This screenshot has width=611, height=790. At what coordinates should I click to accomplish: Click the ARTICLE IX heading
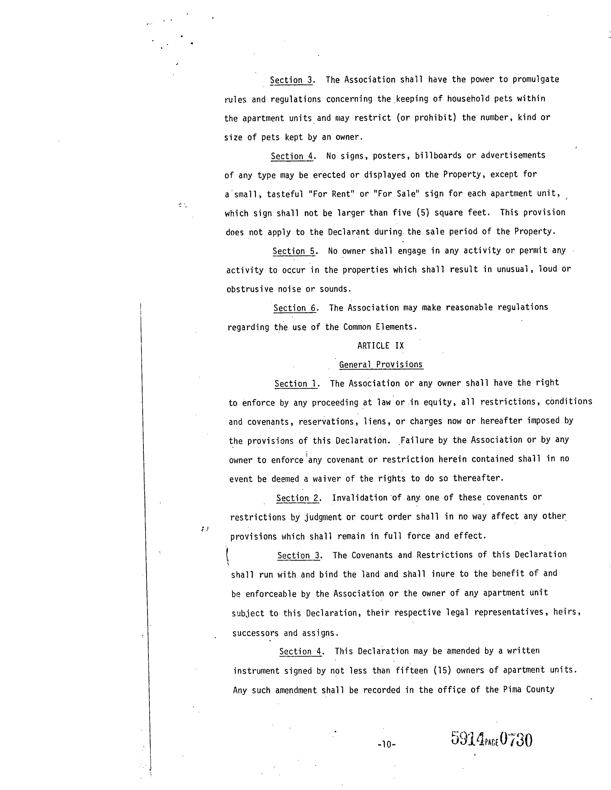[380, 346]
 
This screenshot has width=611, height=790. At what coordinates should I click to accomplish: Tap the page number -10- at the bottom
[386, 745]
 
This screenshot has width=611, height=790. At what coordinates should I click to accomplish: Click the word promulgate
[536, 79]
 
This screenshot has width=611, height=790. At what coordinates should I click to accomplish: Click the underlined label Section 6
[295, 308]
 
